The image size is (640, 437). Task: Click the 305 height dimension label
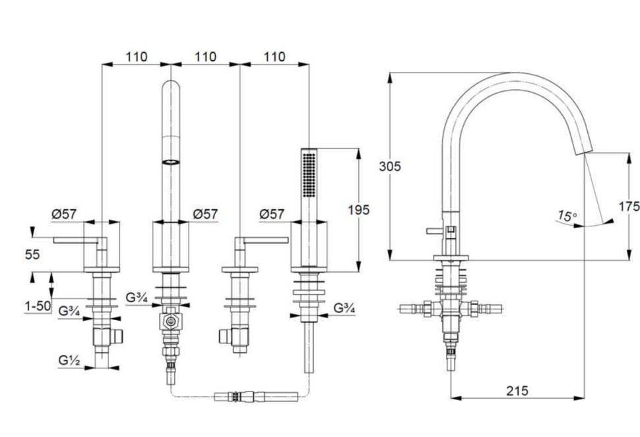[x=389, y=166]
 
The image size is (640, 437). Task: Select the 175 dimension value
[x=629, y=207]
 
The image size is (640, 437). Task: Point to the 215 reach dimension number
[x=517, y=391]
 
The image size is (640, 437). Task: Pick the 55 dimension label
[x=32, y=254]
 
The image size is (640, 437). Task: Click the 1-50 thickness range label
[x=38, y=306]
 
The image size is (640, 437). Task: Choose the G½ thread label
[x=69, y=360]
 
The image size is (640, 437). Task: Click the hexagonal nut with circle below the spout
[x=171, y=321]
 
